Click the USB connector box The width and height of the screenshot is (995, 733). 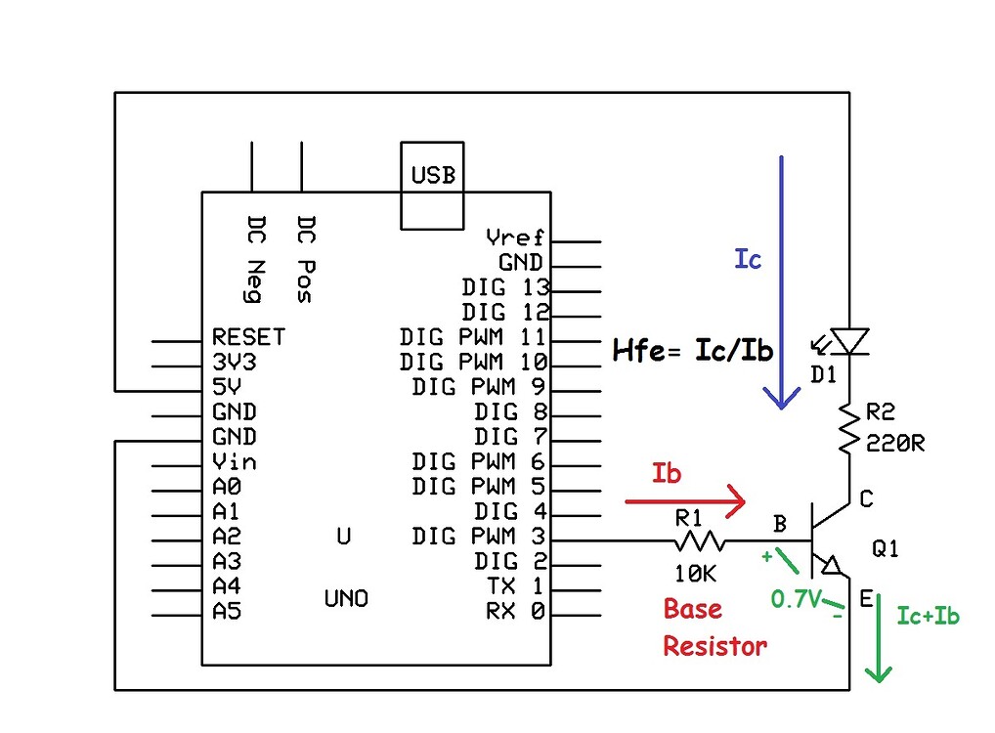pyautogui.click(x=433, y=186)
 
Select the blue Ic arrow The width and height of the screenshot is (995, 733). pyautogui.click(x=779, y=283)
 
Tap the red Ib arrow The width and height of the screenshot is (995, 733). pyautogui.click(x=685, y=502)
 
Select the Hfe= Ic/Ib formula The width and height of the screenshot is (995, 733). pyautogui.click(x=693, y=351)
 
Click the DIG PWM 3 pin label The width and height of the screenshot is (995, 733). pyautogui.click(x=478, y=536)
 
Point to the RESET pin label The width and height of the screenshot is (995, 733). pyautogui.click(x=248, y=337)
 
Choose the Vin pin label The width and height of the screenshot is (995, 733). pyautogui.click(x=234, y=461)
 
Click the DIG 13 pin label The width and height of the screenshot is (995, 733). pyautogui.click(x=505, y=287)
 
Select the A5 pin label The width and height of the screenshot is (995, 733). pyautogui.click(x=227, y=612)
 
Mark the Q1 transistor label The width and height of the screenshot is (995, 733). pyautogui.click(x=885, y=549)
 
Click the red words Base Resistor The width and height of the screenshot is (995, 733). pyautogui.click(x=714, y=626)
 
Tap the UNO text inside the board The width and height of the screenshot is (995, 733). pyautogui.click(x=346, y=598)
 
